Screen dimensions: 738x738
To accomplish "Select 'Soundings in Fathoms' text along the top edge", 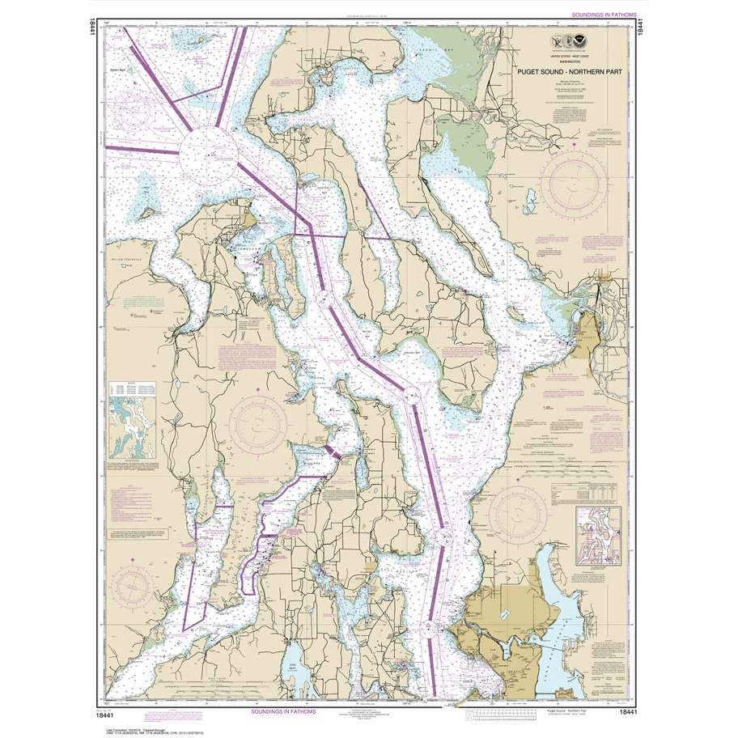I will point(603,15).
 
